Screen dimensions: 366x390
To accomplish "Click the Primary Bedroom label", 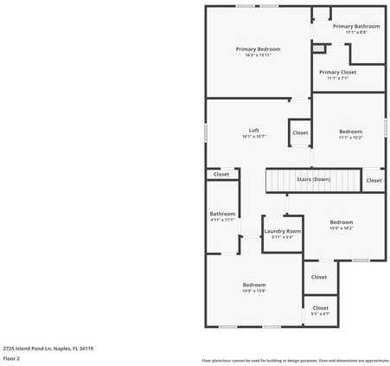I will (258, 49).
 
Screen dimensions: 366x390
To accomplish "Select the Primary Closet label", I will (337, 73).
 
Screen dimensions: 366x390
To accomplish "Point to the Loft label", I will (253, 131).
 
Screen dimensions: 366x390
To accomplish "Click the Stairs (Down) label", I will (313, 179).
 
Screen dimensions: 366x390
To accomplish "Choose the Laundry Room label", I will (282, 231).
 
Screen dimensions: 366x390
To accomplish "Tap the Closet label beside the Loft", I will (300, 132).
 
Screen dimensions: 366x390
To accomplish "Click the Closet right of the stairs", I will (374, 180).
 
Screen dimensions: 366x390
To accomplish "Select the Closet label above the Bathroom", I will (221, 174).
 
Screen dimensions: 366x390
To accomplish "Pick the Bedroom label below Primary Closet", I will (350, 131).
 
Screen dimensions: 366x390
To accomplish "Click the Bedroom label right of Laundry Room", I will (341, 222).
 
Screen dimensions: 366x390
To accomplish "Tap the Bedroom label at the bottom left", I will (253, 285).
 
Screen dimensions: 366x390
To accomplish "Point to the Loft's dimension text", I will (253, 137).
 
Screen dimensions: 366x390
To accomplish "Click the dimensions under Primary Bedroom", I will (258, 55).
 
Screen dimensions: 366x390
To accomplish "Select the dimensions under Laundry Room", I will (282, 237).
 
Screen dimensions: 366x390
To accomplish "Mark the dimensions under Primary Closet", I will (337, 79).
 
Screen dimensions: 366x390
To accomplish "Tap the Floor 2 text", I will (12, 358).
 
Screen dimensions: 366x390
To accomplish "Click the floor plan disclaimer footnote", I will (295, 360).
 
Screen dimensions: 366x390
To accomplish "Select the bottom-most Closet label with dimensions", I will (320, 308).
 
